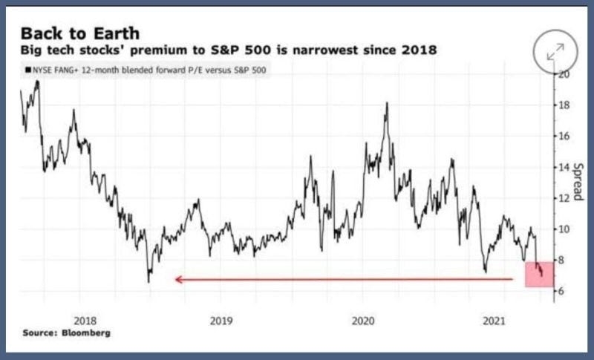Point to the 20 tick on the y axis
(x=565, y=74)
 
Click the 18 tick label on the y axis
(x=565, y=105)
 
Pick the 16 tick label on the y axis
(x=565, y=137)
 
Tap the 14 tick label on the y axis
(x=565, y=167)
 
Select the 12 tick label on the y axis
(x=565, y=198)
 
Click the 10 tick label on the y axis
(x=565, y=229)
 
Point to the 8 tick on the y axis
(x=564, y=260)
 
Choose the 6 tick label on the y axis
(x=564, y=291)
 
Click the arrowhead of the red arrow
(x=178, y=279)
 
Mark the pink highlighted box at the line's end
(x=538, y=274)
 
